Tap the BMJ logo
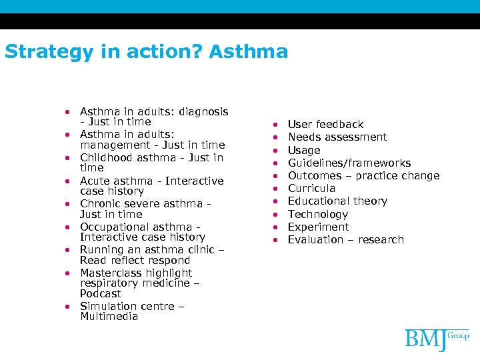437,339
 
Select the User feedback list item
325,125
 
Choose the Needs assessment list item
337,137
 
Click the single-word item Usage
304,151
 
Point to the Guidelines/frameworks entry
349,163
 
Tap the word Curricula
311,189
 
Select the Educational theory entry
337,201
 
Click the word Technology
317,215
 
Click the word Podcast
100,294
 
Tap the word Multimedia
109,317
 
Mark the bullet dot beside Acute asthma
69,181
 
